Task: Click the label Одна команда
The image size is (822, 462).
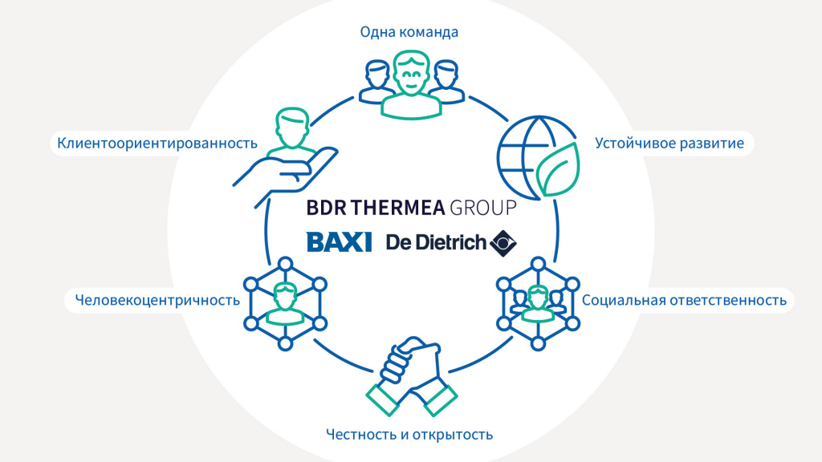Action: tap(409, 33)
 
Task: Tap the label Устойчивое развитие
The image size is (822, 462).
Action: tap(669, 144)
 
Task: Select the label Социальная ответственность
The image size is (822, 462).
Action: tap(683, 301)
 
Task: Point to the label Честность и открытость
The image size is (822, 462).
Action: tap(409, 434)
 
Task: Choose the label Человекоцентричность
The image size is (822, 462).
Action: tap(157, 301)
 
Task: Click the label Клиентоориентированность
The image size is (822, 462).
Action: tap(157, 144)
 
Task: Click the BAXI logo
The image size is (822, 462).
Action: tap(338, 241)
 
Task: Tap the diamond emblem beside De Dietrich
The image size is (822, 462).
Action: tap(503, 241)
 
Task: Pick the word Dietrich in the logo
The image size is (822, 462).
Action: tap(452, 241)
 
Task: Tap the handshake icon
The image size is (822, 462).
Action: tap(411, 375)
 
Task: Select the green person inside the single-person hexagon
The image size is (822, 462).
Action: tap(284, 303)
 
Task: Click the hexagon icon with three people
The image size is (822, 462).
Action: tap(535, 303)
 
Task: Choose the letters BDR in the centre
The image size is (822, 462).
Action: tap(326, 208)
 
